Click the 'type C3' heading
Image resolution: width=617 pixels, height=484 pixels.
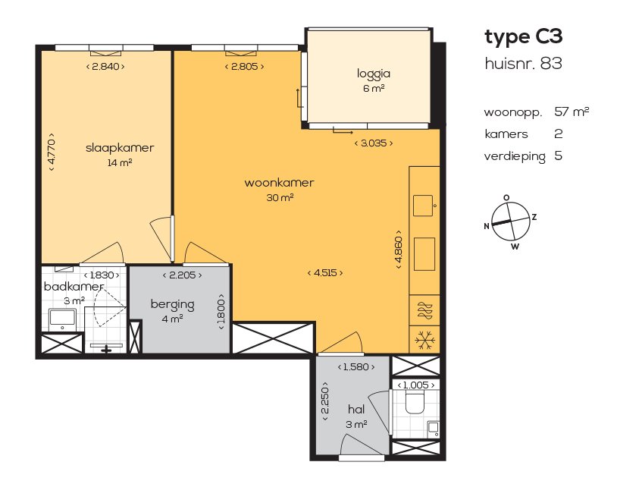[x=523, y=36]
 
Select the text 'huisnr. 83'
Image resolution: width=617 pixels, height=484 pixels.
[x=523, y=64]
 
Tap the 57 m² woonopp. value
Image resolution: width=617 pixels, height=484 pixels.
[x=572, y=112]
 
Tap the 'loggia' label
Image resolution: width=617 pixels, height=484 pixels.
[x=373, y=74]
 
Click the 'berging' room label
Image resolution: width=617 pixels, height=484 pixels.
[x=172, y=304]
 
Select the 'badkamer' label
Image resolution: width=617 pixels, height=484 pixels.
[x=67, y=286]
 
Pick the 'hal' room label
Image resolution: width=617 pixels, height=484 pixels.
[x=356, y=409]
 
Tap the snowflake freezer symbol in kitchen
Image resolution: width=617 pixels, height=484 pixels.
[x=424, y=338]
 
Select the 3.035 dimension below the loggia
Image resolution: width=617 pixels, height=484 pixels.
[x=374, y=142]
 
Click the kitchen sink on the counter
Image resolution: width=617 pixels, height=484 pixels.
[x=424, y=204]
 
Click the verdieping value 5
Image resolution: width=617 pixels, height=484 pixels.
[x=559, y=156]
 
